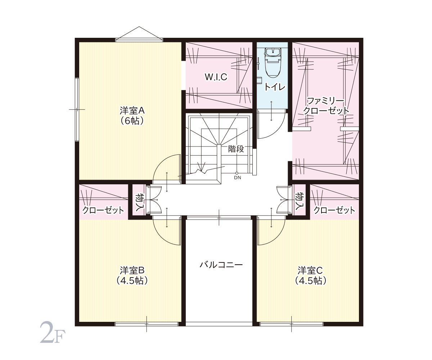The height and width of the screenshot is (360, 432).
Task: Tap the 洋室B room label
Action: [132, 275]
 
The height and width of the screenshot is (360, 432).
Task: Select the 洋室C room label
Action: [310, 275]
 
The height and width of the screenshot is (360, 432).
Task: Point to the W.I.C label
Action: [216, 77]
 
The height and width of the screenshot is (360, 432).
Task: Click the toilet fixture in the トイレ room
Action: [273, 62]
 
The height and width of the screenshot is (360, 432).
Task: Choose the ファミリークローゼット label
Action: [326, 106]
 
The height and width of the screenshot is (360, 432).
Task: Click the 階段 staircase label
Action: [236, 149]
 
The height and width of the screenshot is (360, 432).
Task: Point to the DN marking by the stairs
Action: [238, 177]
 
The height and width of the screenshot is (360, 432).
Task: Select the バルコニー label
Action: [221, 265]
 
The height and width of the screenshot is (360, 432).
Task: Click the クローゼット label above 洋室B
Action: [103, 210]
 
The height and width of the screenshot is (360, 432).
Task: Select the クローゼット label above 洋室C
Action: [334, 210]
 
